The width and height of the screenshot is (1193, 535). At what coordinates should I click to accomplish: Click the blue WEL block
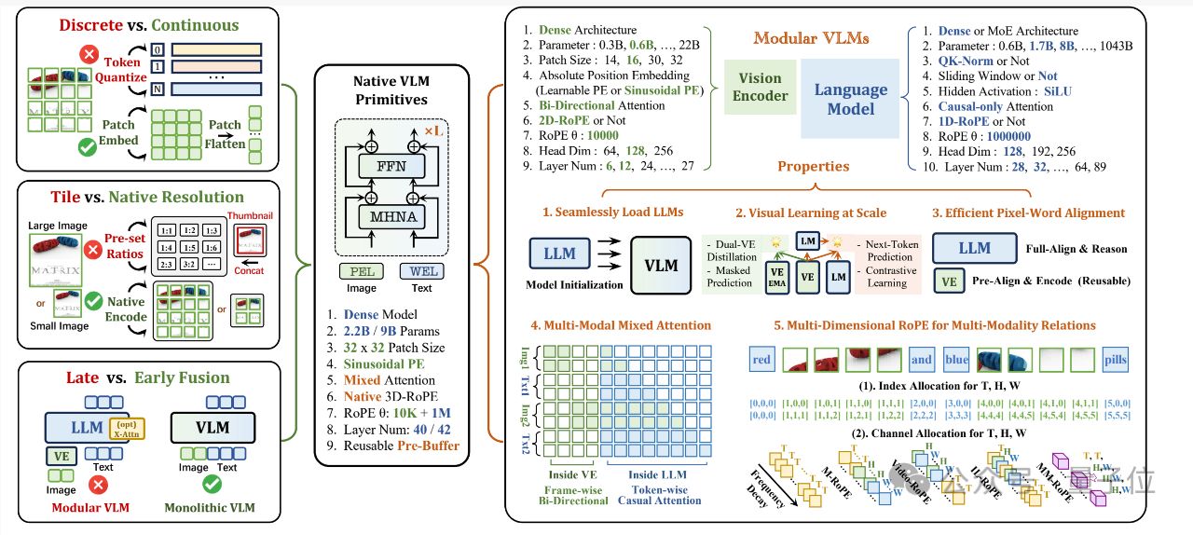pos(421,271)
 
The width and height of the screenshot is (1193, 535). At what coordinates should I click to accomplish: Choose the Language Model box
pos(850,98)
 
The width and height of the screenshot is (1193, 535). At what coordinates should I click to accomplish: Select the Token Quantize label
pos(120,70)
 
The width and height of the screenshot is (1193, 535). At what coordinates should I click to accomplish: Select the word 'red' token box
pos(761,360)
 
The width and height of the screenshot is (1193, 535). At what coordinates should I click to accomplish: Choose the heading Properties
pos(814,166)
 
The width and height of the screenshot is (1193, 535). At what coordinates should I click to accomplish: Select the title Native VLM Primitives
pos(391,91)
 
